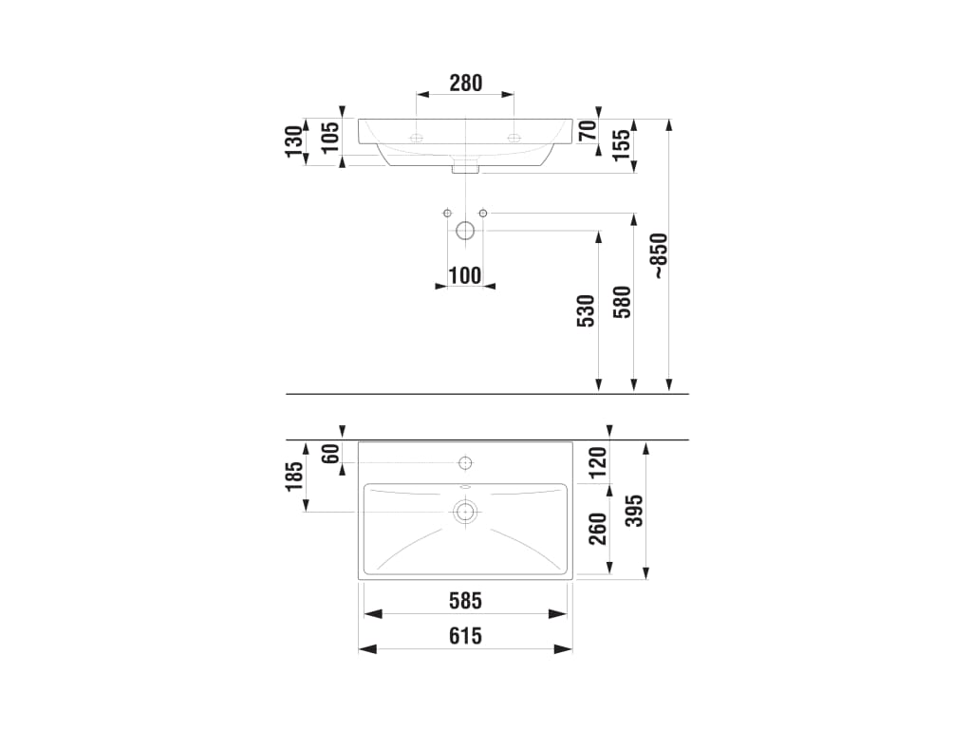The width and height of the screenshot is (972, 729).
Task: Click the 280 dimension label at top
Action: [465, 83]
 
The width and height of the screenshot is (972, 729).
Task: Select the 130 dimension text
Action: [294, 141]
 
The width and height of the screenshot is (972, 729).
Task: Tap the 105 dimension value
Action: [330, 137]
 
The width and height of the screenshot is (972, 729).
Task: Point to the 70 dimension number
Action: [588, 130]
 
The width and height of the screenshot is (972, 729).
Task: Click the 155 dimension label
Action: [621, 145]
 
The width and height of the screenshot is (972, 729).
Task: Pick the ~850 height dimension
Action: [659, 255]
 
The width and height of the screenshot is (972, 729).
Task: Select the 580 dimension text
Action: [623, 302]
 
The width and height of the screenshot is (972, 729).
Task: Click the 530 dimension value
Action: [587, 310]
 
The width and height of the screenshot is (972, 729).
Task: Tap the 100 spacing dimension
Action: [465, 275]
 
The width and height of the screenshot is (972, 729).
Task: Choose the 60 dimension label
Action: [330, 453]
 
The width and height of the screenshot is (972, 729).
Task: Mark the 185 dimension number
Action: [294, 477]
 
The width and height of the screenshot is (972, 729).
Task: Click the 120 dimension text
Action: [598, 462]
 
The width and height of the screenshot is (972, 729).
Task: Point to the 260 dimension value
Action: [598, 529]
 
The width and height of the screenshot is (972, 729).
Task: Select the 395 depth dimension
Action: [634, 511]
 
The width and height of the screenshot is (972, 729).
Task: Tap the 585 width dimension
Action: [465, 601]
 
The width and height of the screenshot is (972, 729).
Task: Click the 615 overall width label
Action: [465, 636]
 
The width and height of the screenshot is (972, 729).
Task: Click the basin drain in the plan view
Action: [465, 512]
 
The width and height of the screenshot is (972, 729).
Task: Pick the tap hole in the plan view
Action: [465, 463]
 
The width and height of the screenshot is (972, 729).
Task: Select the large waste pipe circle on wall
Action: [465, 232]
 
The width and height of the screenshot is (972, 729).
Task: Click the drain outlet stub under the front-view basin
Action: [465, 166]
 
